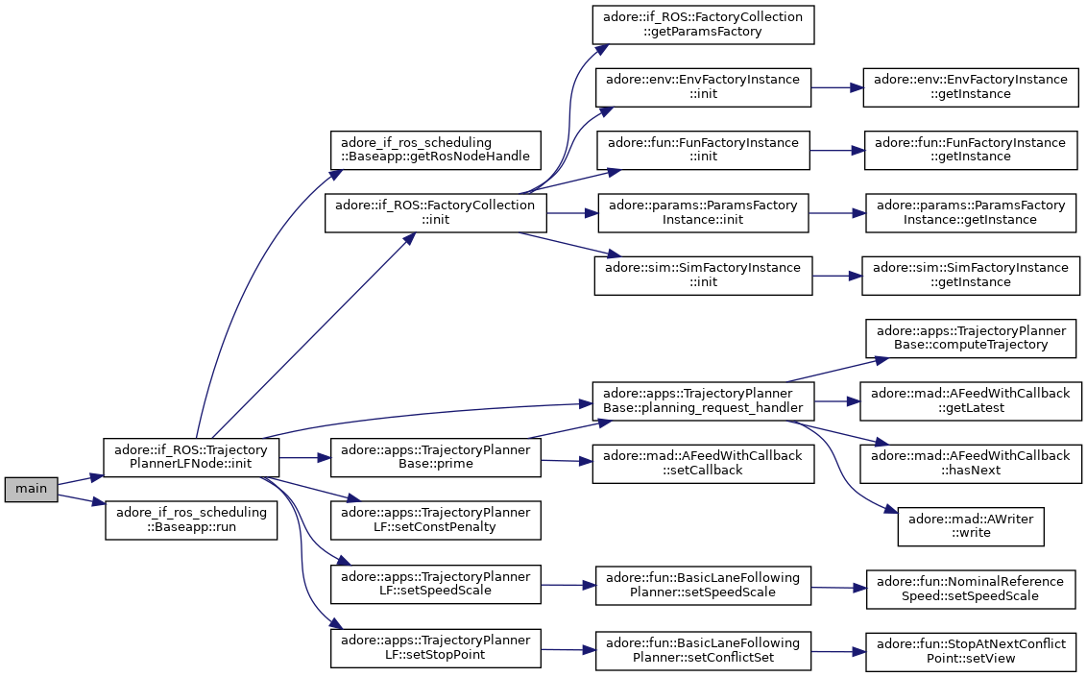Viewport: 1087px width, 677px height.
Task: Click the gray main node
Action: pos(31,489)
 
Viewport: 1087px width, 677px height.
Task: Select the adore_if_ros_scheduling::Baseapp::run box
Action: pos(191,520)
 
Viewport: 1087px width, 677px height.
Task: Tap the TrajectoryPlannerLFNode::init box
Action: pos(191,457)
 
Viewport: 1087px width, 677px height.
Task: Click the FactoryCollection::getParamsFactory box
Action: pos(703,24)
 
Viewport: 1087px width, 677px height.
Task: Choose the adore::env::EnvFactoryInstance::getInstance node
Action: pos(971,87)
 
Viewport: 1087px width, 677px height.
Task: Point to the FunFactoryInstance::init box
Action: pos(703,150)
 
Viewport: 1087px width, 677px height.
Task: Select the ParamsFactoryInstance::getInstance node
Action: pos(971,213)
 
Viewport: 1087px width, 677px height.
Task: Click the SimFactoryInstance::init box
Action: pos(703,275)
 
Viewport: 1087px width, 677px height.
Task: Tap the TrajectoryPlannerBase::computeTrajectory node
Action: pos(971,338)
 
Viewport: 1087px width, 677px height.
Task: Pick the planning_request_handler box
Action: pos(703,400)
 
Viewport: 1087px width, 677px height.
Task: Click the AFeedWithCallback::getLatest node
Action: pos(971,400)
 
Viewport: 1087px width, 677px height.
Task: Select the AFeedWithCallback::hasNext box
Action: pos(971,464)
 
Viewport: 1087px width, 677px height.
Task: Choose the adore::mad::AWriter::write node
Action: pos(971,526)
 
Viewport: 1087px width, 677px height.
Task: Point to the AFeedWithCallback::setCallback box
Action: pos(703,464)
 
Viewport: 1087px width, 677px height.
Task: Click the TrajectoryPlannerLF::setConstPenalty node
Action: pos(435,520)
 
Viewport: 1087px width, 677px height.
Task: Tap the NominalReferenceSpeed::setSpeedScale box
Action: pos(971,589)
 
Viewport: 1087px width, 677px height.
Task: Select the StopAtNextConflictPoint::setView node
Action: pos(971,651)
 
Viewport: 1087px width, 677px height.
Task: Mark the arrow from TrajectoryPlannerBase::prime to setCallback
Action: pos(567,460)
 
